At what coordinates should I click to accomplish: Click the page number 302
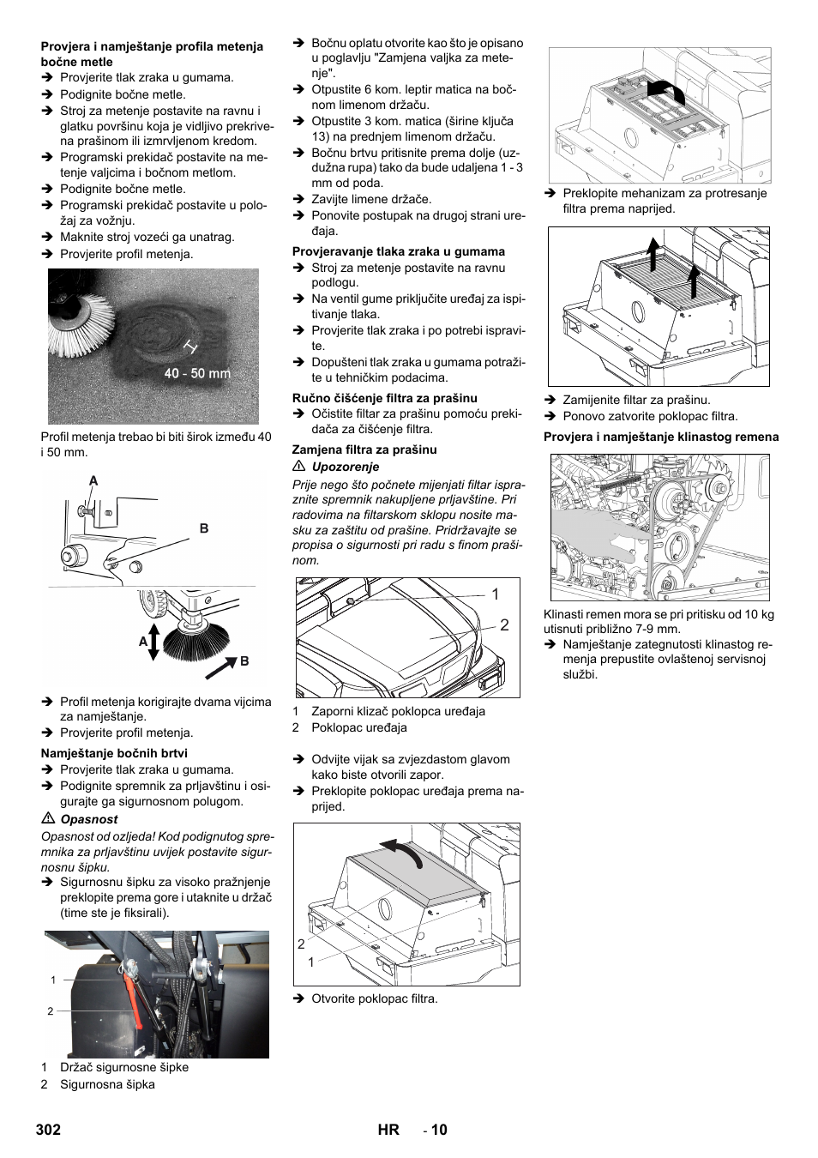pyautogui.click(x=49, y=1130)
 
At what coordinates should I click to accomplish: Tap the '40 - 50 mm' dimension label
pyautogui.click(x=197, y=373)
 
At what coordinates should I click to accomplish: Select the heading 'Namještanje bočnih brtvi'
pyautogui.click(x=114, y=753)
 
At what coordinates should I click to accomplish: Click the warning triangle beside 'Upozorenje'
pyautogui.click(x=299, y=467)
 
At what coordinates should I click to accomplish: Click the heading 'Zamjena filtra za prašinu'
pyautogui.click(x=364, y=449)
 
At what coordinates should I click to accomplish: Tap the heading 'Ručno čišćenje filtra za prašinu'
pyautogui.click(x=385, y=398)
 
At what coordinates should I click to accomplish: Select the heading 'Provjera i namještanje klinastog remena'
pyautogui.click(x=661, y=437)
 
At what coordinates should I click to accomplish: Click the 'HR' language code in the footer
pyautogui.click(x=388, y=1130)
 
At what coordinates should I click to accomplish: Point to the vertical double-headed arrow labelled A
pyautogui.click(x=153, y=642)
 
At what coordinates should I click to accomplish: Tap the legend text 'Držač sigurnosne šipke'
pyautogui.click(x=124, y=1067)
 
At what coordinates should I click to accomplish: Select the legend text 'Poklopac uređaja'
pyautogui.click(x=359, y=727)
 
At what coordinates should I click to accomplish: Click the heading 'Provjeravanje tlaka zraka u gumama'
pyautogui.click(x=399, y=251)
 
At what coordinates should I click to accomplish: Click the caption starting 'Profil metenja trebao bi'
pyautogui.click(x=156, y=444)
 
